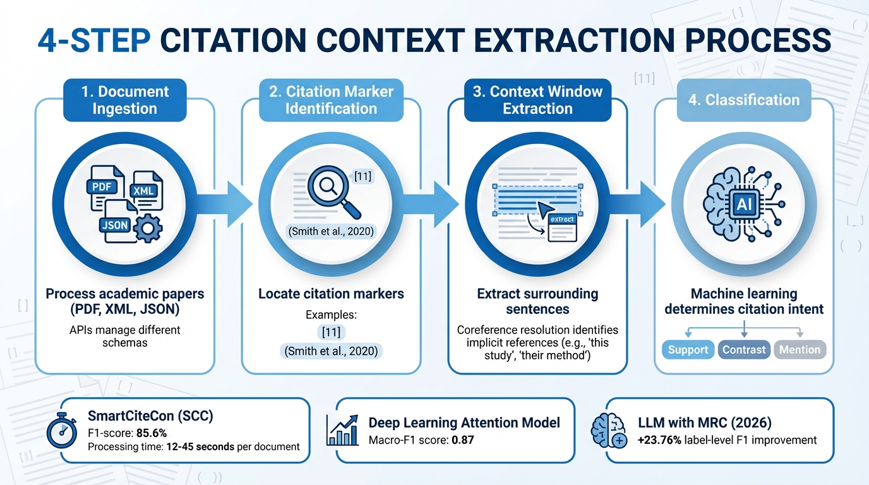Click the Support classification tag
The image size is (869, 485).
click(688, 349)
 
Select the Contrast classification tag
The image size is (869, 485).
click(744, 349)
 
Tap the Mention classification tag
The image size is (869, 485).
click(800, 349)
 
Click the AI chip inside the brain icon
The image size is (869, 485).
click(743, 203)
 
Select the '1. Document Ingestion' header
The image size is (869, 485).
click(125, 100)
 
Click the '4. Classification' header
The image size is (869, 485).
click(743, 100)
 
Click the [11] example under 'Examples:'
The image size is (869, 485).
click(330, 333)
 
